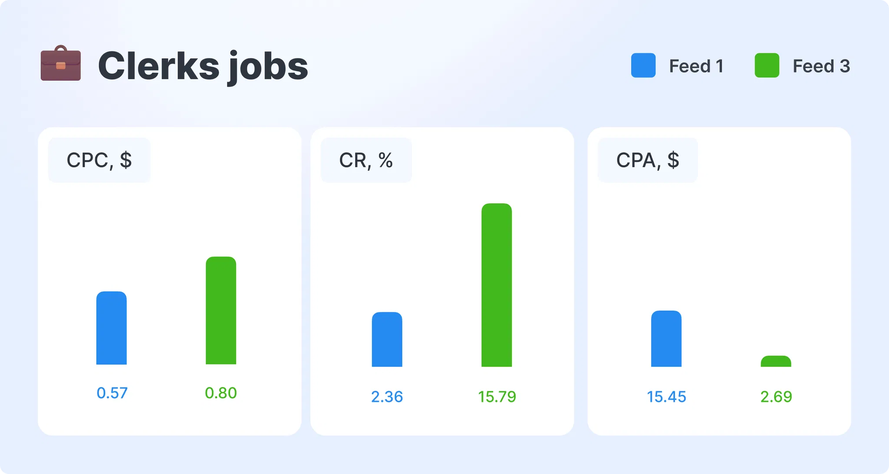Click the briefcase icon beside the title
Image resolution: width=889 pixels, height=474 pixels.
click(61, 64)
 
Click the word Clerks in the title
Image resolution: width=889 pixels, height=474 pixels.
click(159, 66)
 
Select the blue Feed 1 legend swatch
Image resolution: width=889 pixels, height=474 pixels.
click(643, 65)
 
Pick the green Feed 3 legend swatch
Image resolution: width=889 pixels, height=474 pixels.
click(767, 65)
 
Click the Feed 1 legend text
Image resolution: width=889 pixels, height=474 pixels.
click(696, 66)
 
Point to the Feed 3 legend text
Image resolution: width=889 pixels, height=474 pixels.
click(821, 66)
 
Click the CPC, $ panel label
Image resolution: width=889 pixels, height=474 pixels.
click(99, 160)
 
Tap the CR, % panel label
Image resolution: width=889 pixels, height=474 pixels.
click(365, 160)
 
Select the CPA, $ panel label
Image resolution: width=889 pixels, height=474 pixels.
click(647, 160)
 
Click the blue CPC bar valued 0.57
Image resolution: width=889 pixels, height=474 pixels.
click(112, 328)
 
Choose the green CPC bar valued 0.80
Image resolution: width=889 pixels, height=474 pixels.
click(221, 311)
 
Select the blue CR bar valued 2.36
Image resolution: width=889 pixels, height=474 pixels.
click(387, 340)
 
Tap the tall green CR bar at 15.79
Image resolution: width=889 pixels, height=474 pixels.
click(497, 285)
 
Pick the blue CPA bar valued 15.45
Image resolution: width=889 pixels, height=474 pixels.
click(666, 339)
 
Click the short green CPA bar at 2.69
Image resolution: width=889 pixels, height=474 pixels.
click(776, 362)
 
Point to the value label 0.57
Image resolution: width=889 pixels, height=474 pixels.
click(112, 393)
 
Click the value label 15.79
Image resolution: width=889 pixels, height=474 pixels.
click(497, 397)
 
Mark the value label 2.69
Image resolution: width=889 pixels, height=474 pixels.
click(776, 397)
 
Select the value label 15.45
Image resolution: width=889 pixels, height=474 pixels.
click(666, 397)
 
